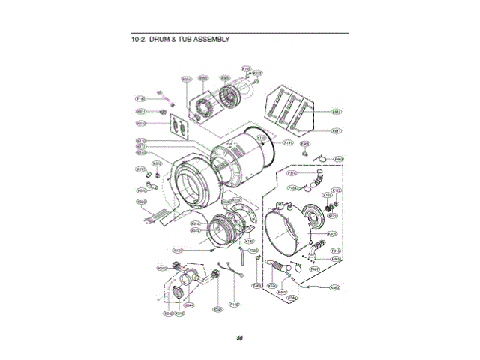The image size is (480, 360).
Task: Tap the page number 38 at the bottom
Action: (x=239, y=338)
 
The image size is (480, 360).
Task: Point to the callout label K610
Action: (x=337, y=112)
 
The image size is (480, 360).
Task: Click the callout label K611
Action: (x=337, y=130)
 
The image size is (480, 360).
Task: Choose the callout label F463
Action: (x=339, y=159)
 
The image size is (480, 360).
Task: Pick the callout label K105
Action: (x=333, y=233)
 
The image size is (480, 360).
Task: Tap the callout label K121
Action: (x=333, y=214)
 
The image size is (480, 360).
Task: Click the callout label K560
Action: (x=334, y=287)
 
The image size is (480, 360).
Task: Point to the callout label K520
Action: (x=272, y=285)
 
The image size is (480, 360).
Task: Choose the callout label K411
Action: (x=140, y=112)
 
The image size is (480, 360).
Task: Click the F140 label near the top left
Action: (x=140, y=98)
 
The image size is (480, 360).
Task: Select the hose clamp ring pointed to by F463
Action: (x=320, y=157)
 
